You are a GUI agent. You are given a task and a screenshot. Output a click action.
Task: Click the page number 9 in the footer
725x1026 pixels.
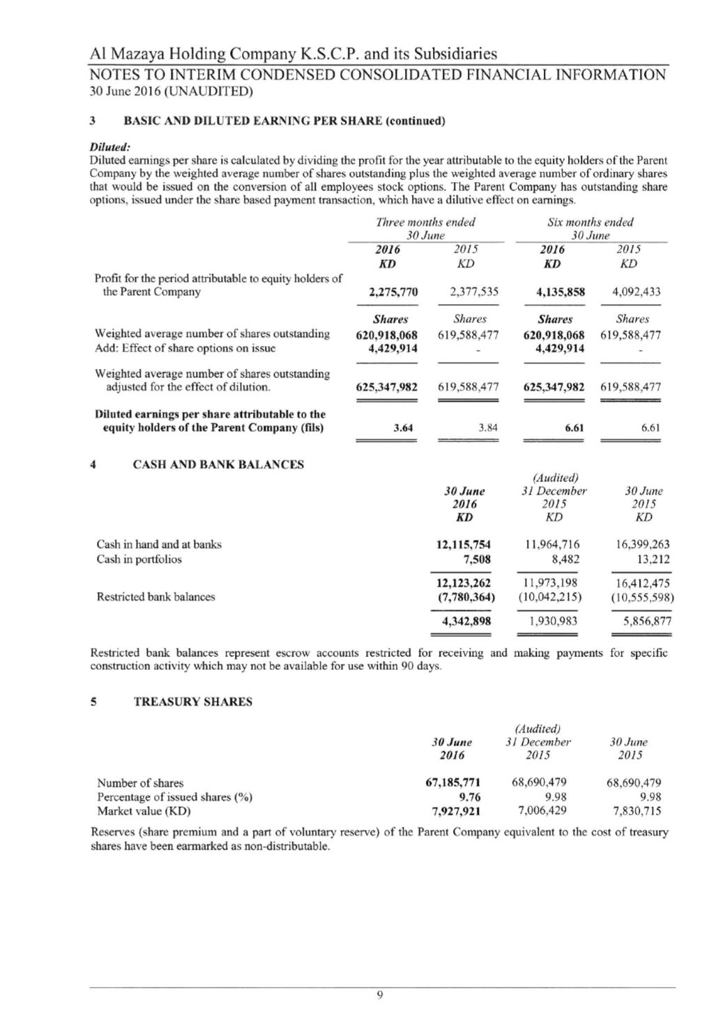[379, 995]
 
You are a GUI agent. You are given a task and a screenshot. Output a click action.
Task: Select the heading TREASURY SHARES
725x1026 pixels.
[193, 702]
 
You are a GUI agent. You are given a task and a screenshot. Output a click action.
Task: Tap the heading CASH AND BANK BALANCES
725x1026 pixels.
[218, 465]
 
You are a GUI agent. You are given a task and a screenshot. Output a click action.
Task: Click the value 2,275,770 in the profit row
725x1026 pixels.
[393, 292]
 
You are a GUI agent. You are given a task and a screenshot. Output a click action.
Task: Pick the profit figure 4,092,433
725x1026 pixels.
[636, 292]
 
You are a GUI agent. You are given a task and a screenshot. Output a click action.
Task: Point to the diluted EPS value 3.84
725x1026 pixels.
[488, 428]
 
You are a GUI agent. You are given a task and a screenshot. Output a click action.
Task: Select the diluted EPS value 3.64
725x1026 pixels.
[404, 428]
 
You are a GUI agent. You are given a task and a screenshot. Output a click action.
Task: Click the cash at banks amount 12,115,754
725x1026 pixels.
[463, 545]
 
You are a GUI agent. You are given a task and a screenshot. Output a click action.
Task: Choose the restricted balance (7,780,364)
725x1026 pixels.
[461, 597]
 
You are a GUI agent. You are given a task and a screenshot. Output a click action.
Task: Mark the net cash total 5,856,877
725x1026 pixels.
[647, 621]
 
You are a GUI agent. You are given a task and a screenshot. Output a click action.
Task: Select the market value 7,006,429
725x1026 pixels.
[542, 810]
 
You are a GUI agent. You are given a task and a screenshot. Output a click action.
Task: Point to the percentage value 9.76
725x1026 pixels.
[469, 797]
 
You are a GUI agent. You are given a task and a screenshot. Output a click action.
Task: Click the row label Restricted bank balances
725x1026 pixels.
[155, 597]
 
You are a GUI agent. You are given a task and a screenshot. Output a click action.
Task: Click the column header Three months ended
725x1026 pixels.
[425, 222]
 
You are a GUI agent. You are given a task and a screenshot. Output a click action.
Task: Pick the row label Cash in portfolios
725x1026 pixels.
[139, 559]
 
